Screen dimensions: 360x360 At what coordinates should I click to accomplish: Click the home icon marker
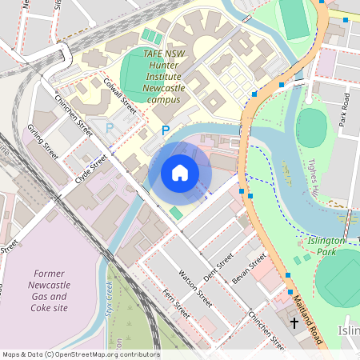pos(180,172)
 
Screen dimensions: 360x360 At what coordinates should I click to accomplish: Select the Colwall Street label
pos(121,94)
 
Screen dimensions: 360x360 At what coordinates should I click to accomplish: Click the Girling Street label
pos(43,141)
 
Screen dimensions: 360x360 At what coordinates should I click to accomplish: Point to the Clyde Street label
pos(90,170)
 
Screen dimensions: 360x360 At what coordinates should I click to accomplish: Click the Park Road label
pos(345,110)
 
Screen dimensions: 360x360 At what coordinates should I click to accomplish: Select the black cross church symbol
pos(294,323)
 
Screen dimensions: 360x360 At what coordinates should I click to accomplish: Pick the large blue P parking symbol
pos(166,130)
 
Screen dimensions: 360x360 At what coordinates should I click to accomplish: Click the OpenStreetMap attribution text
pos(80,354)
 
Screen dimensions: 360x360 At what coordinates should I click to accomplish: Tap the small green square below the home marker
pos(175,212)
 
